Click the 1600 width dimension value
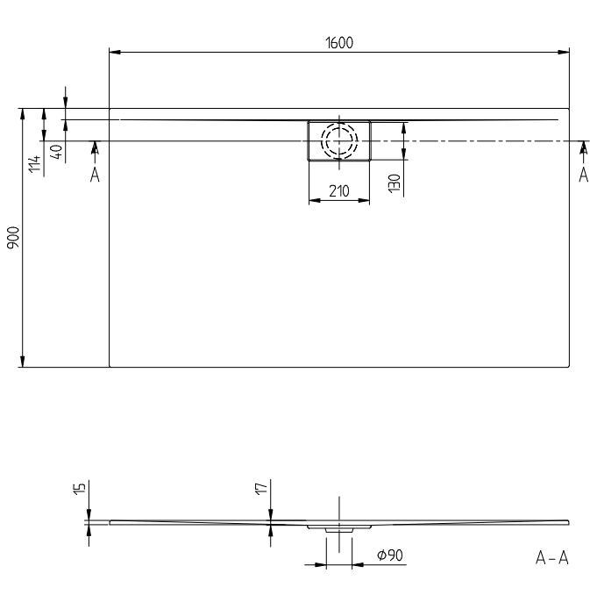(x=339, y=43)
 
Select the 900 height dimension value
(x=13, y=237)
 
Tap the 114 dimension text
(x=34, y=164)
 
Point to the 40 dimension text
(x=56, y=152)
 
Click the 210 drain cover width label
(x=339, y=190)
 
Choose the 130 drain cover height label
(x=395, y=183)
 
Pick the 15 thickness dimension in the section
(x=79, y=489)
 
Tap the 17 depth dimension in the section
(x=261, y=489)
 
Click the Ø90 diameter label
(x=390, y=555)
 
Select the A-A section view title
(x=552, y=557)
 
